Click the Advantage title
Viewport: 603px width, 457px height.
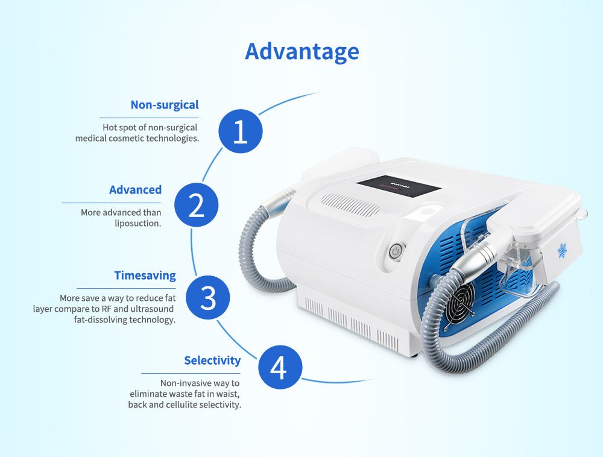302,52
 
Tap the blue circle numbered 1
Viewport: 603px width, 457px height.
241,131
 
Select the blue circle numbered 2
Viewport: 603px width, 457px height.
196,204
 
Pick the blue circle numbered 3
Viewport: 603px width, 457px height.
207,297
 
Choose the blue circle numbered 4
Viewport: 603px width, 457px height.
280,367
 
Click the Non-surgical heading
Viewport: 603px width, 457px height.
165,104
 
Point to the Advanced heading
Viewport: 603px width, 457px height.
135,189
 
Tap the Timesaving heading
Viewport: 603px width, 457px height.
145,276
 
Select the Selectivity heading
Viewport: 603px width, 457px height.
212,360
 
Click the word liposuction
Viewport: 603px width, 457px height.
137,223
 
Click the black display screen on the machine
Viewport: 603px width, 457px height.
399,187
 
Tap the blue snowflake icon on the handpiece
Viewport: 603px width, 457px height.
563,251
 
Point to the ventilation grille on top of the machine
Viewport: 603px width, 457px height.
350,204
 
